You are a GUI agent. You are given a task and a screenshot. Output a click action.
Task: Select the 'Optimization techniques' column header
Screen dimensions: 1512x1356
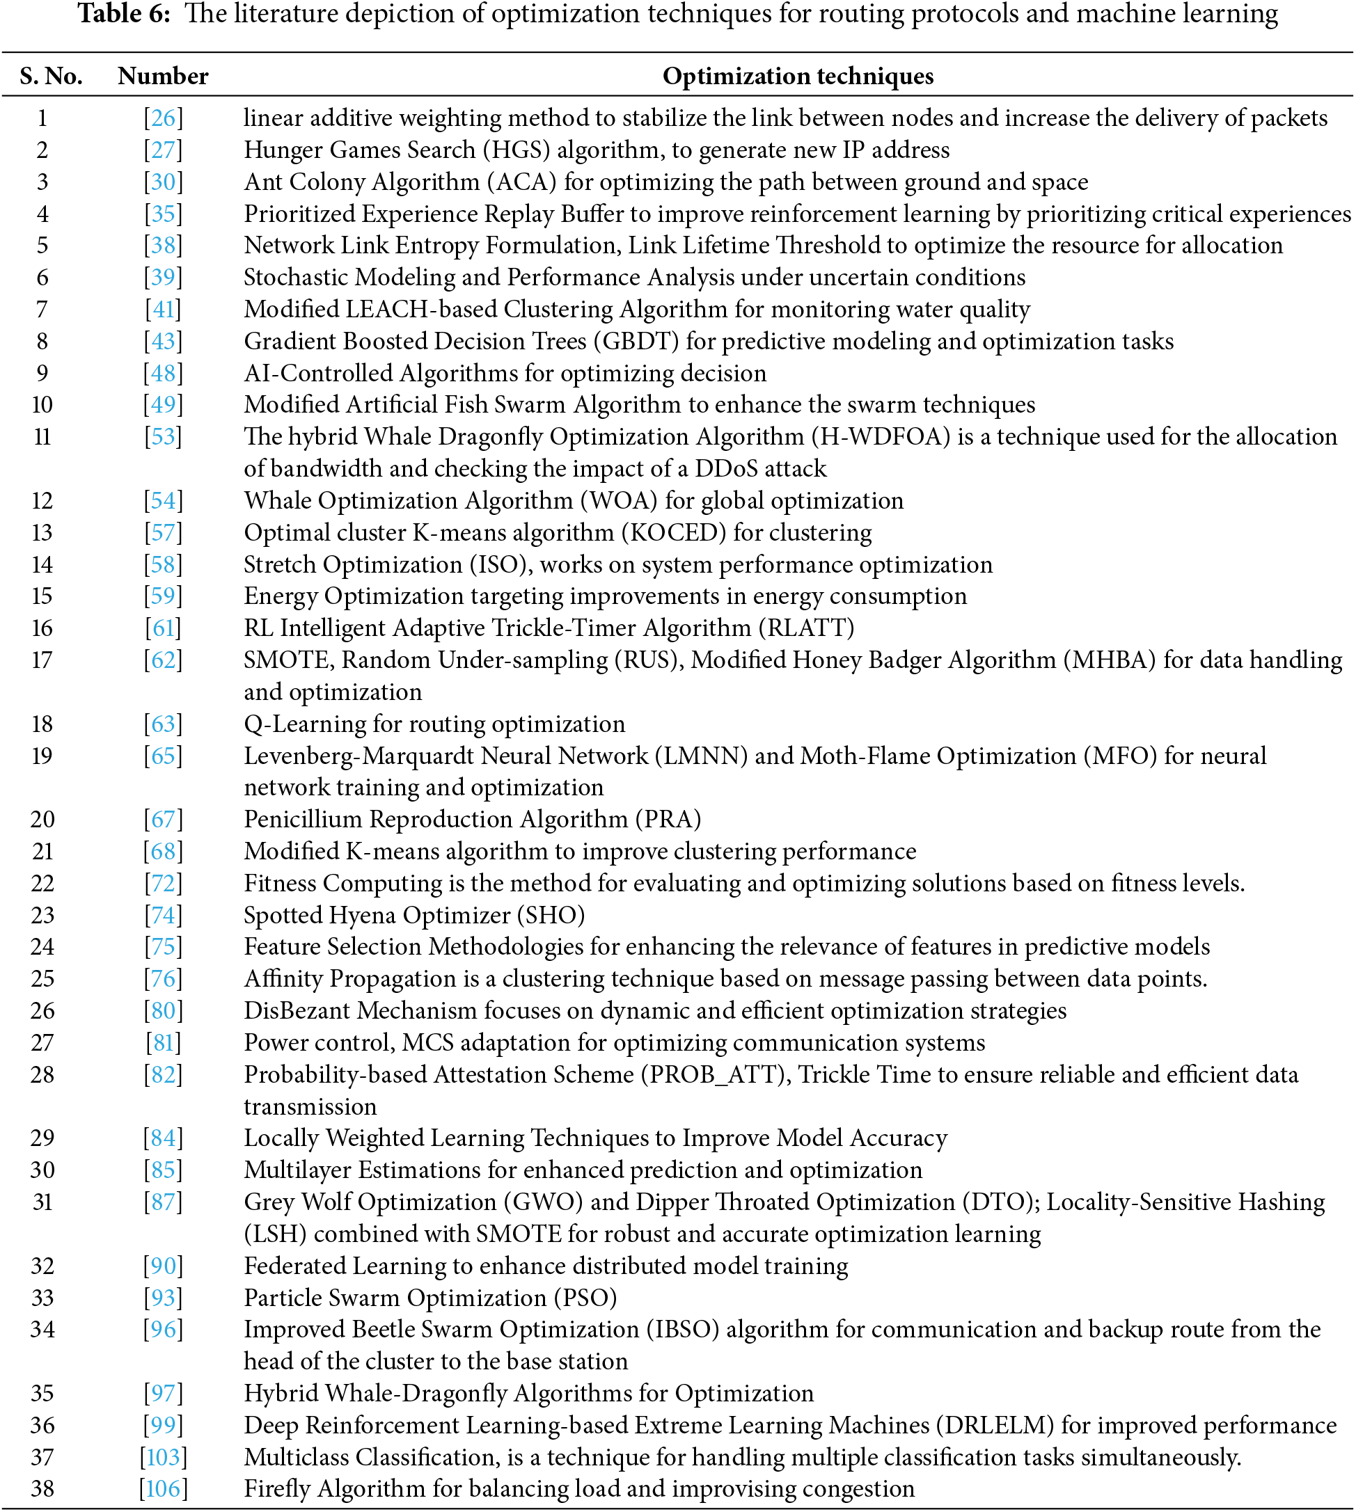coord(797,76)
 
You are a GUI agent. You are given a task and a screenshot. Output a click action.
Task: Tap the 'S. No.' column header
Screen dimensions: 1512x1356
coord(51,76)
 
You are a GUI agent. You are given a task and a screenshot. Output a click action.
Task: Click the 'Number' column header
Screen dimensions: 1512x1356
coord(162,76)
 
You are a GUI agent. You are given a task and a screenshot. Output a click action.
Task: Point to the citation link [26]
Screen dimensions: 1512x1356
coord(163,118)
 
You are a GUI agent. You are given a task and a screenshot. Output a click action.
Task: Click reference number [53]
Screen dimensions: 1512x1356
coord(163,436)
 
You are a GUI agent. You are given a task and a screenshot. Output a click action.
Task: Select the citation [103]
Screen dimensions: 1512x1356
coord(163,1457)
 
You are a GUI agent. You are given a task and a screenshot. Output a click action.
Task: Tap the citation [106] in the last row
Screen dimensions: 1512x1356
coord(163,1489)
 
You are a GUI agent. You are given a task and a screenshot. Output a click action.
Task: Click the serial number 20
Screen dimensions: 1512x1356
coord(42,819)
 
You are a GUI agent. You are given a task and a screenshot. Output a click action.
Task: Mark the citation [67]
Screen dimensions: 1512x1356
coord(163,819)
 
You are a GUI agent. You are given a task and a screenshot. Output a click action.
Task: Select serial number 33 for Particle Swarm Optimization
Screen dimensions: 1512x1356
coord(42,1298)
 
